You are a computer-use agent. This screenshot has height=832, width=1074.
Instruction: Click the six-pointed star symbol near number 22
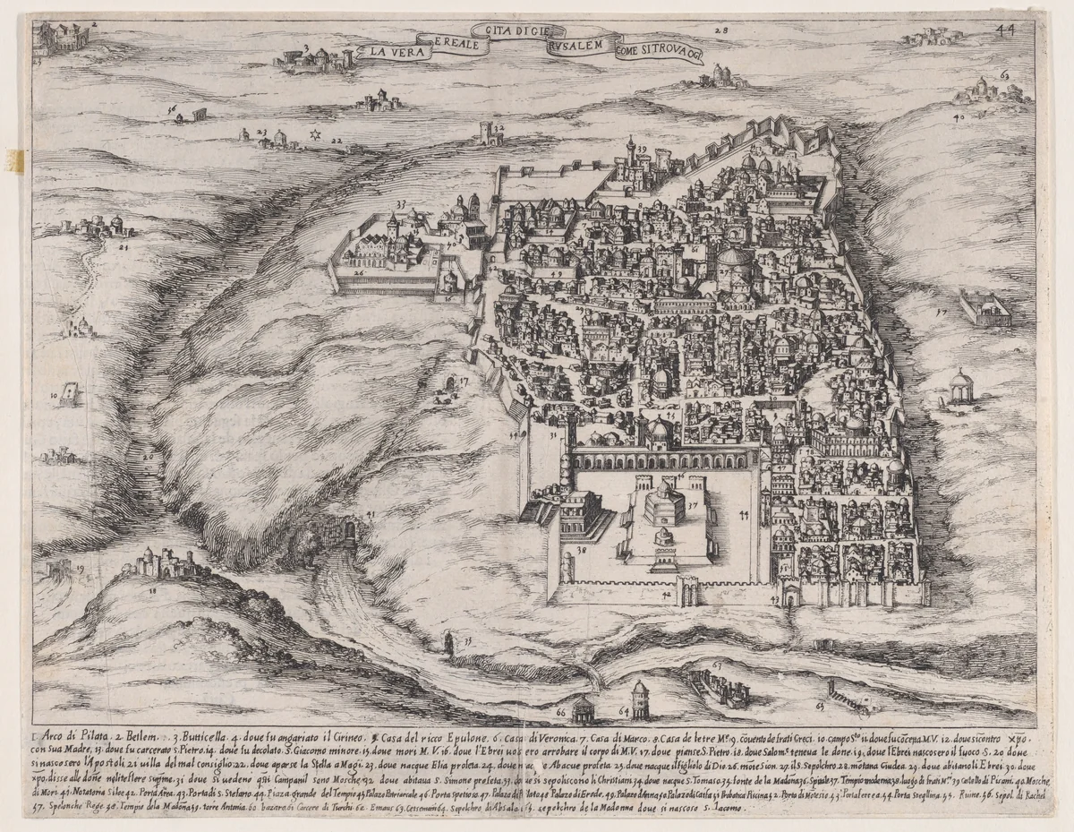click(314, 135)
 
